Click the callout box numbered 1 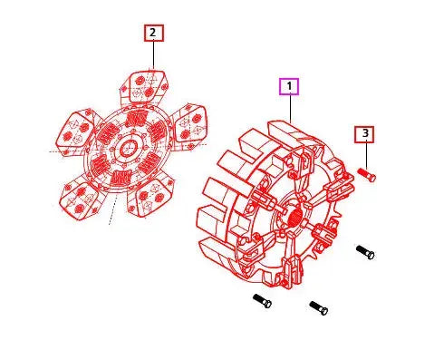tap(289, 87)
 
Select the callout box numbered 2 tap(152, 34)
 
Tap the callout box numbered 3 tap(365, 135)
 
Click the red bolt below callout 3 tap(367, 174)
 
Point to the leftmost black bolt tap(262, 299)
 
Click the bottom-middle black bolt tap(318, 307)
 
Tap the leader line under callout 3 tap(365, 154)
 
